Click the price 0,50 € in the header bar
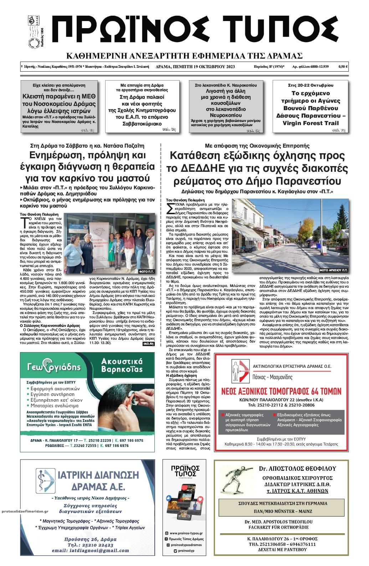pyautogui.click(x=343, y=67)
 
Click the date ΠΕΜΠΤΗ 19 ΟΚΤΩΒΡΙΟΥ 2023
pyautogui.click(x=196, y=67)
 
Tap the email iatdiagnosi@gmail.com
pyautogui.click(x=90, y=551)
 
